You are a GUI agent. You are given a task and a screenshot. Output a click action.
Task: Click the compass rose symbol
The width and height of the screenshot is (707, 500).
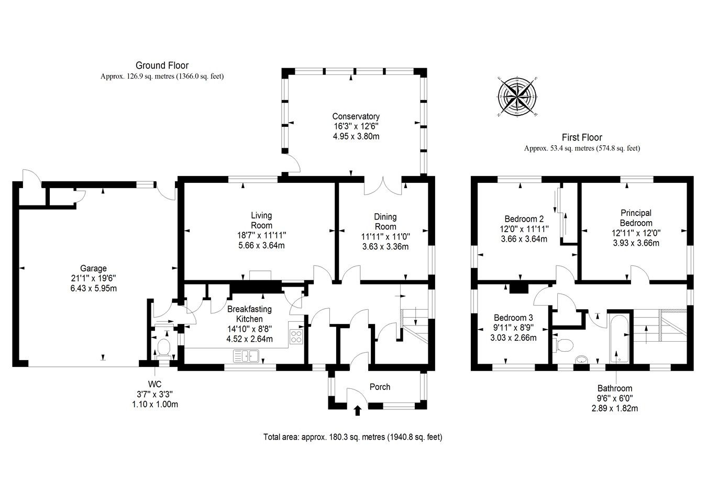click(517, 97)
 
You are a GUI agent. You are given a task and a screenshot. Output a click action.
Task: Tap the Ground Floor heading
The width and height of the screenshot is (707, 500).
click(162, 66)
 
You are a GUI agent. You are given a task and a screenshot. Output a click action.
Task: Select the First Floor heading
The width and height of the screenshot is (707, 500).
click(582, 137)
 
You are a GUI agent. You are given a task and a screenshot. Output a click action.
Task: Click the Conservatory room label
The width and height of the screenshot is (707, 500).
click(356, 116)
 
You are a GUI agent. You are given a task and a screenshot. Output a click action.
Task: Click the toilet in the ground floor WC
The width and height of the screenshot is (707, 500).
click(164, 346)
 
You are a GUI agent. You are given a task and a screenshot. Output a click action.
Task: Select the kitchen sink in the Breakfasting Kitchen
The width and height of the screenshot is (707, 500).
click(246, 357)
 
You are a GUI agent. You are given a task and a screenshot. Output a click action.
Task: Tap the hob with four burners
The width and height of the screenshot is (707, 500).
click(296, 335)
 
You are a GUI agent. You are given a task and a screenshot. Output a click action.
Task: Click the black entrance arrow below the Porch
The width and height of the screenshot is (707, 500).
click(358, 410)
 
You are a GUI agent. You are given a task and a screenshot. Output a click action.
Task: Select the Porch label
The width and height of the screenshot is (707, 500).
click(380, 387)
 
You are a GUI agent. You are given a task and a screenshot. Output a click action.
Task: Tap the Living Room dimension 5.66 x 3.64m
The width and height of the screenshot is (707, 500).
click(261, 245)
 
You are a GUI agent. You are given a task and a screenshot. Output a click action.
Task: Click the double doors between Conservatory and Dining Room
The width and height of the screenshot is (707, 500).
click(383, 184)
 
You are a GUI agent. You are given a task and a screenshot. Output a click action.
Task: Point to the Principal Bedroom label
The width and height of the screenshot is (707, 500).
click(636, 218)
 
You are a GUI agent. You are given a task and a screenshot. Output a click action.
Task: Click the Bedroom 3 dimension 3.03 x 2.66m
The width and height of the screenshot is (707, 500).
click(513, 338)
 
